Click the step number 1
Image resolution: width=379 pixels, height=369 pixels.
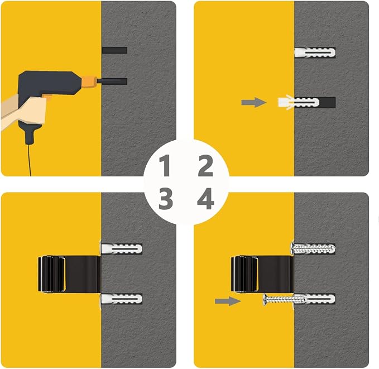point(165,165)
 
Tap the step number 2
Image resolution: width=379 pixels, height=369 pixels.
point(205,165)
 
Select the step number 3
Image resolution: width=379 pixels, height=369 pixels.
point(166,199)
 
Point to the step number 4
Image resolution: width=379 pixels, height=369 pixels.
point(205,199)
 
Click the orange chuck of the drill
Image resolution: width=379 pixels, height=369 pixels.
point(89,82)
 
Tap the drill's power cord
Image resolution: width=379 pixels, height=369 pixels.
point(30,160)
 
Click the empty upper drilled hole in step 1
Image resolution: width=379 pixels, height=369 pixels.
point(114,50)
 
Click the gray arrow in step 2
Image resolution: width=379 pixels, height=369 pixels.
point(253,103)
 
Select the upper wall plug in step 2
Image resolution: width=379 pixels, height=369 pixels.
point(315,52)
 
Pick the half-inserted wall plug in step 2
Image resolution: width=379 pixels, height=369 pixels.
point(298,103)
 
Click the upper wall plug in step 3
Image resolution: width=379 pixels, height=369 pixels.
point(122,249)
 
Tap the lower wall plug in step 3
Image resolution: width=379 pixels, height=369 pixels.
point(122,299)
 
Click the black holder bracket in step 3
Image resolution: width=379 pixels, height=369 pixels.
point(69,274)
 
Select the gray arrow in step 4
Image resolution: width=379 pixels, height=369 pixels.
point(228,301)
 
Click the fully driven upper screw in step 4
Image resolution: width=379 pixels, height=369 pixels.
point(313,248)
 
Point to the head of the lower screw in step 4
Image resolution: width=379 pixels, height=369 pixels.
point(265,300)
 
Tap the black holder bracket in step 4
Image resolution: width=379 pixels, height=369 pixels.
point(262,274)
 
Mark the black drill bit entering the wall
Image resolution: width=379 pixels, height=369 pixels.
point(112,82)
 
